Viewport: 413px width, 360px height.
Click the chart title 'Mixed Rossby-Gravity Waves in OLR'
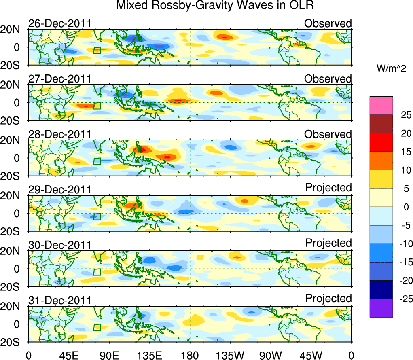(x=215, y=6)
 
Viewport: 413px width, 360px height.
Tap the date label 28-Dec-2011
(x=59, y=134)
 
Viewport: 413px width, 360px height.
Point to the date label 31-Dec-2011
(x=59, y=300)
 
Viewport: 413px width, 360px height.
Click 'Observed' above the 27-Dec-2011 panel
(x=328, y=79)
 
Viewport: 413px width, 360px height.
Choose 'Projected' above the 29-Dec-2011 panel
(x=328, y=188)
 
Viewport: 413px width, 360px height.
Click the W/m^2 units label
(x=391, y=69)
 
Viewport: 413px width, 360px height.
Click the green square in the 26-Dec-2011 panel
(x=97, y=51)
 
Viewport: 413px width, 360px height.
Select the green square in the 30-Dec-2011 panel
(x=97, y=272)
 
